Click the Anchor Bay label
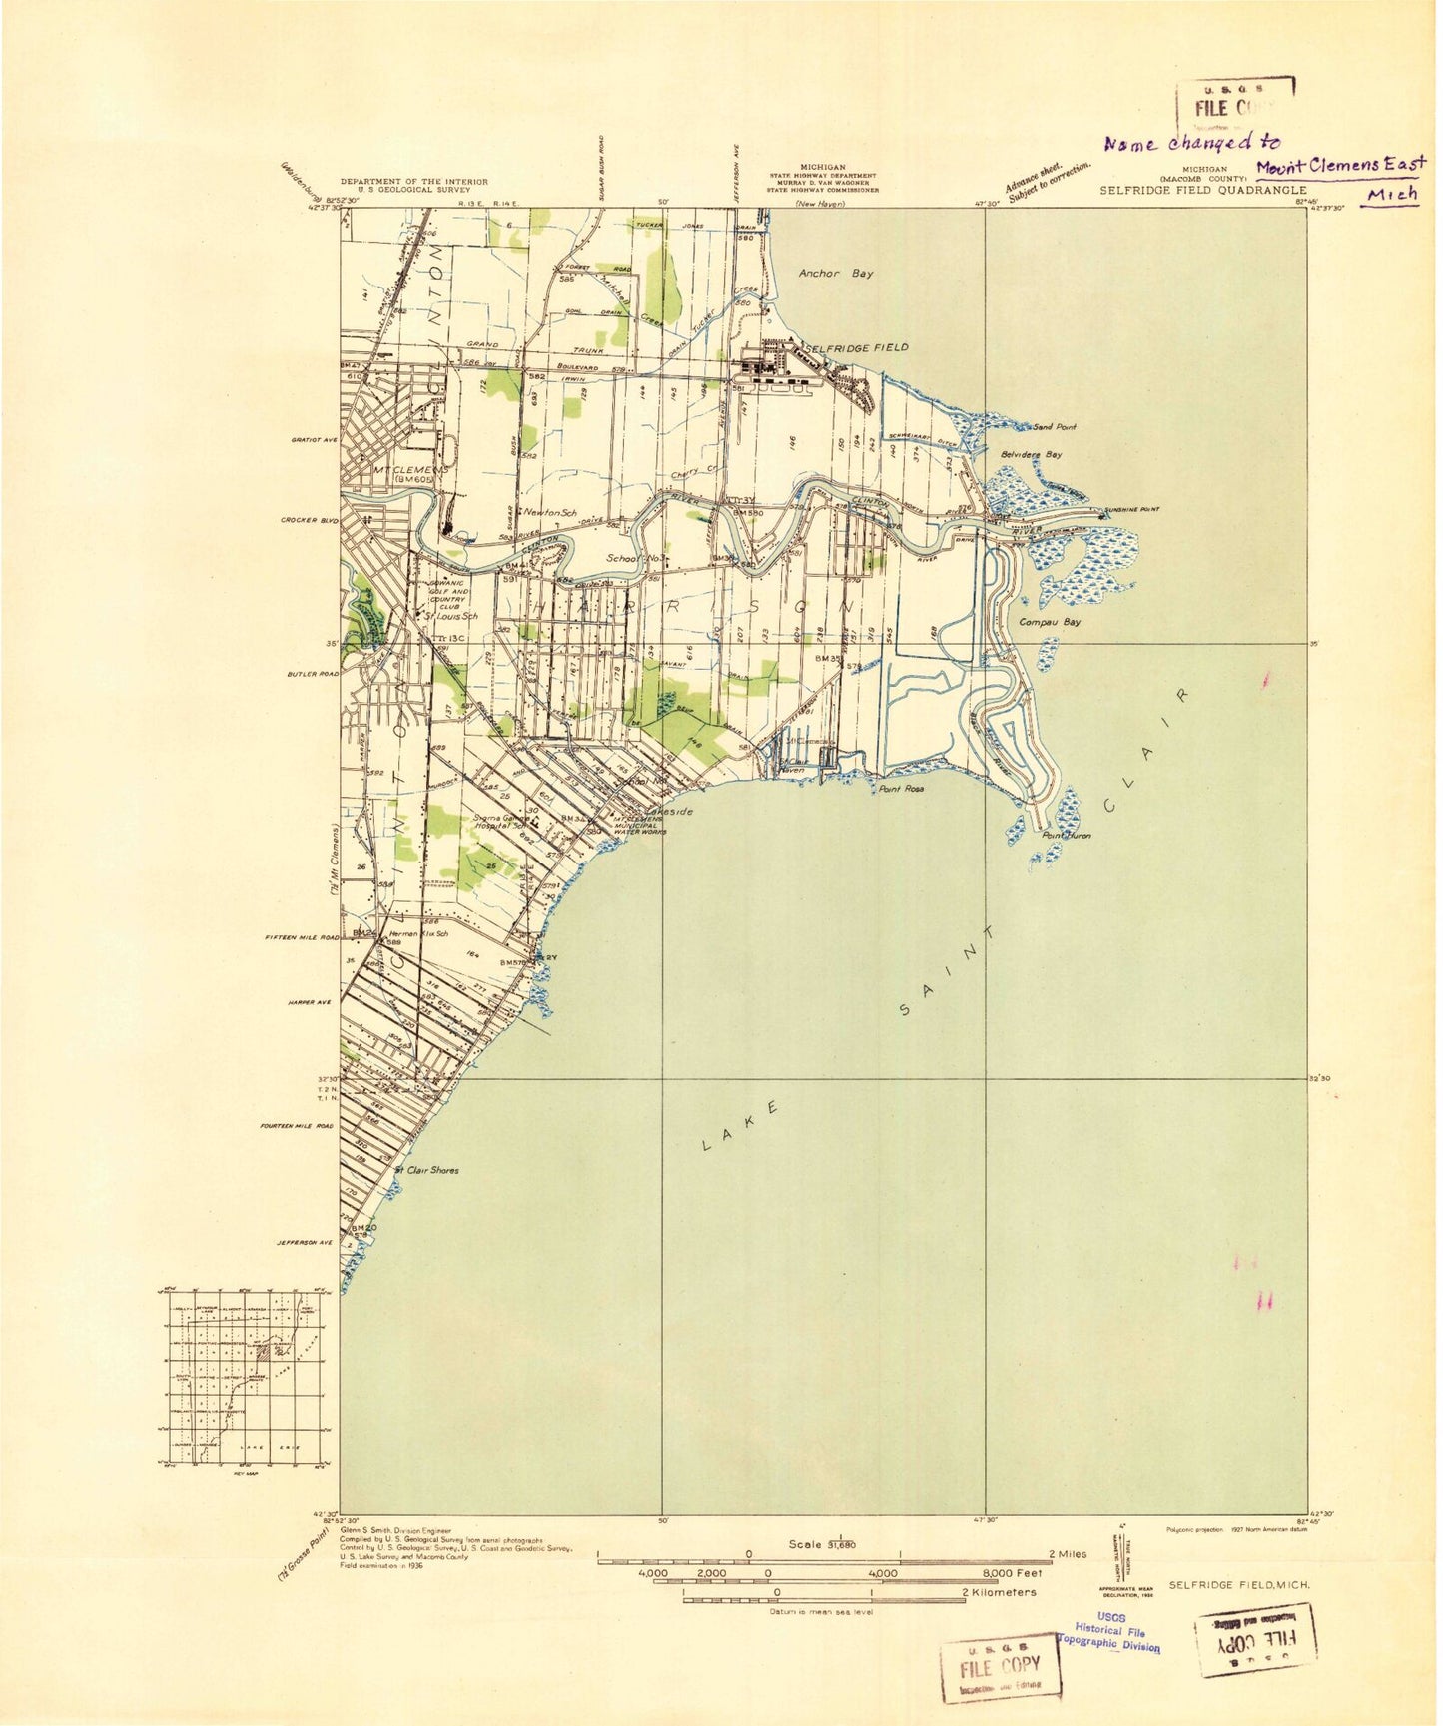coord(835,273)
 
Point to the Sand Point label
coord(1055,427)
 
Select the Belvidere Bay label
coord(1031,454)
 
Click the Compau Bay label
coord(1049,622)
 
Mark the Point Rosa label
coord(900,789)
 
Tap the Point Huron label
coord(1066,836)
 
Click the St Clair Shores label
coord(427,1170)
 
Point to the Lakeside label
coord(668,812)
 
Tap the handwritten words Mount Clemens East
coord(1340,165)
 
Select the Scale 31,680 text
coord(821,1544)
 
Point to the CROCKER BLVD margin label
coord(311,520)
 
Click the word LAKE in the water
coord(740,1127)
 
